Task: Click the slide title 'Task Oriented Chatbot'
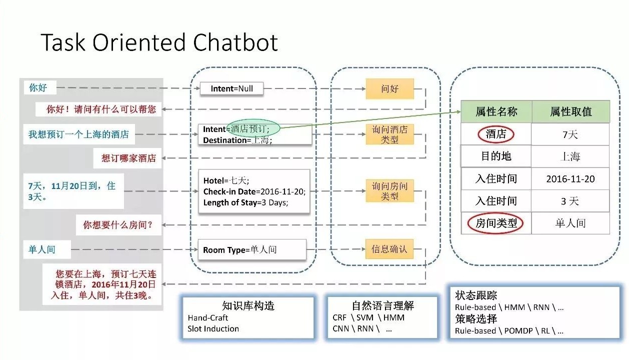pos(159,43)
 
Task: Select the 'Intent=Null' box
pos(231,89)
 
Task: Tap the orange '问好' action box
pos(389,89)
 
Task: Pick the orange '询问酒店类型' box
pos(389,134)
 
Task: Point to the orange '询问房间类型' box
pos(389,191)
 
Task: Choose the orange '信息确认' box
pos(389,248)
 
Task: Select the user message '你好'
pos(38,88)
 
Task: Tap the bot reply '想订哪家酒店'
pos(128,158)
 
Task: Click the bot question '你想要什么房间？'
pos(118,225)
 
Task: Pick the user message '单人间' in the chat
pos(42,249)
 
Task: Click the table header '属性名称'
pos(496,111)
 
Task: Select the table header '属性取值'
pos(570,111)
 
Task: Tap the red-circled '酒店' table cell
pos(496,134)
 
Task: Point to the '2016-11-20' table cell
pos(570,179)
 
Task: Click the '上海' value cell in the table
pos(570,156)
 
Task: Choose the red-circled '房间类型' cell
pos(496,223)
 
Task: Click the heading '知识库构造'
pos(248,306)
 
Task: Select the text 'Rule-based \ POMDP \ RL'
pos(509,330)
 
